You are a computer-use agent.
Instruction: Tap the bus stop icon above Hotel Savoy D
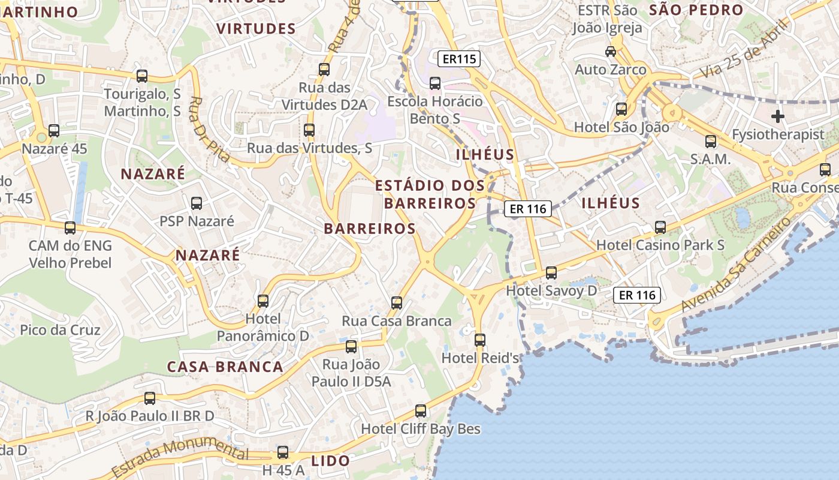(551, 273)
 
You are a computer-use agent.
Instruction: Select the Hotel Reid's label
(480, 358)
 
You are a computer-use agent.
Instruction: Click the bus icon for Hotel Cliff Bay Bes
(421, 411)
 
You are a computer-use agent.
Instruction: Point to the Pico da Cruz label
(61, 330)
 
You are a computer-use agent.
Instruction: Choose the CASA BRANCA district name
(225, 367)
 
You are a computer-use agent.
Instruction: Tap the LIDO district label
(330, 461)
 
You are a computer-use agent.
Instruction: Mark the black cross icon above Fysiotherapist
(778, 116)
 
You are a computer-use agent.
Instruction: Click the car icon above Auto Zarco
(611, 52)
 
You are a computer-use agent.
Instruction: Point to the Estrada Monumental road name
(179, 456)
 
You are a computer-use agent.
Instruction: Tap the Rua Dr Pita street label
(210, 129)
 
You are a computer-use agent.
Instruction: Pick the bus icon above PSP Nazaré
(197, 203)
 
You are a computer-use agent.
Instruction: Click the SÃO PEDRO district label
(696, 10)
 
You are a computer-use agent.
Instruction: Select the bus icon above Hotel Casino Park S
(660, 227)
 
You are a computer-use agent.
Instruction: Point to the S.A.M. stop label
(710, 160)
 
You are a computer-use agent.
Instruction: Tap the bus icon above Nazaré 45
(54, 131)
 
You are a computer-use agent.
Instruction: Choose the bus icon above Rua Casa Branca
(397, 303)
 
